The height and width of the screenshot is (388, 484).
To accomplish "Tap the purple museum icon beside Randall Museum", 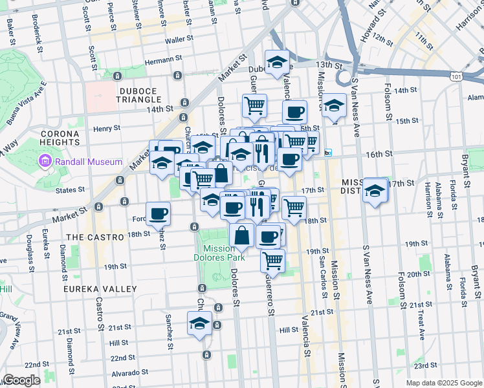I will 45,160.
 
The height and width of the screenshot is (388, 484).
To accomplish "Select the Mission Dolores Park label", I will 223,253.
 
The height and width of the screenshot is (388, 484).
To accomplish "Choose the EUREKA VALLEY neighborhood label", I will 100,289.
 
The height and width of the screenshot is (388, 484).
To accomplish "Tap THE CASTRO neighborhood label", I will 94,237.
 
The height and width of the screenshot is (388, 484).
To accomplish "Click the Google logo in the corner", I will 21,380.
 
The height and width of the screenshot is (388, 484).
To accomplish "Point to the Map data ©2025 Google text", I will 444,383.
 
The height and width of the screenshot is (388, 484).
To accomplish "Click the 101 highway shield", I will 457,76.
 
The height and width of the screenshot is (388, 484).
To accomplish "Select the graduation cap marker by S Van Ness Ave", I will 375,190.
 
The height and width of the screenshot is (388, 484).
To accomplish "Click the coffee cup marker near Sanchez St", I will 159,213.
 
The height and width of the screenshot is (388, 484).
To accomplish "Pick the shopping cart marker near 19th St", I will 272,260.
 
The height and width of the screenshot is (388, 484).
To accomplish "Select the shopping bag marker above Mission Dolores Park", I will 241,236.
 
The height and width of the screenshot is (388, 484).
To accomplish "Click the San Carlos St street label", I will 322,278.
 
